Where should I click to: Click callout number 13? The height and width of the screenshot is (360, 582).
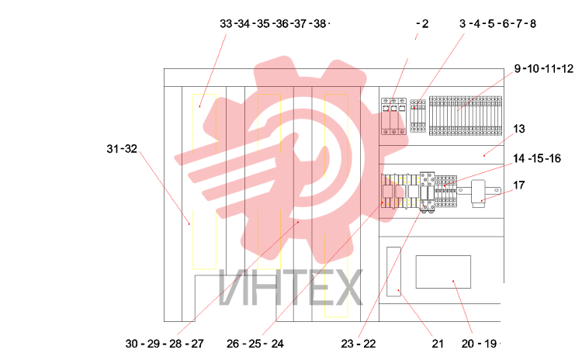pyautogui.click(x=519, y=129)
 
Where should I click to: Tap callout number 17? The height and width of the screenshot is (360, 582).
pyautogui.click(x=519, y=185)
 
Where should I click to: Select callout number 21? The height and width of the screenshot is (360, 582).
pyautogui.click(x=438, y=344)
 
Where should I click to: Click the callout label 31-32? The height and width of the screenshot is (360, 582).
pyautogui.click(x=122, y=149)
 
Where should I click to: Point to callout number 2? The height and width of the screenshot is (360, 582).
pyautogui.click(x=425, y=24)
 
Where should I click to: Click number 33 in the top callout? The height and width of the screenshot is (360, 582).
pyautogui.click(x=226, y=24)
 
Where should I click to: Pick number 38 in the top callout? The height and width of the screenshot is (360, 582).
pyautogui.click(x=319, y=24)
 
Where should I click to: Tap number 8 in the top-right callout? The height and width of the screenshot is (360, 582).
pyautogui.click(x=532, y=24)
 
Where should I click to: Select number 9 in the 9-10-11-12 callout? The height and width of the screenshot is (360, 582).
pyautogui.click(x=518, y=68)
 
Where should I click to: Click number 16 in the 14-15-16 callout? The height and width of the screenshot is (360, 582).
pyautogui.click(x=555, y=158)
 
